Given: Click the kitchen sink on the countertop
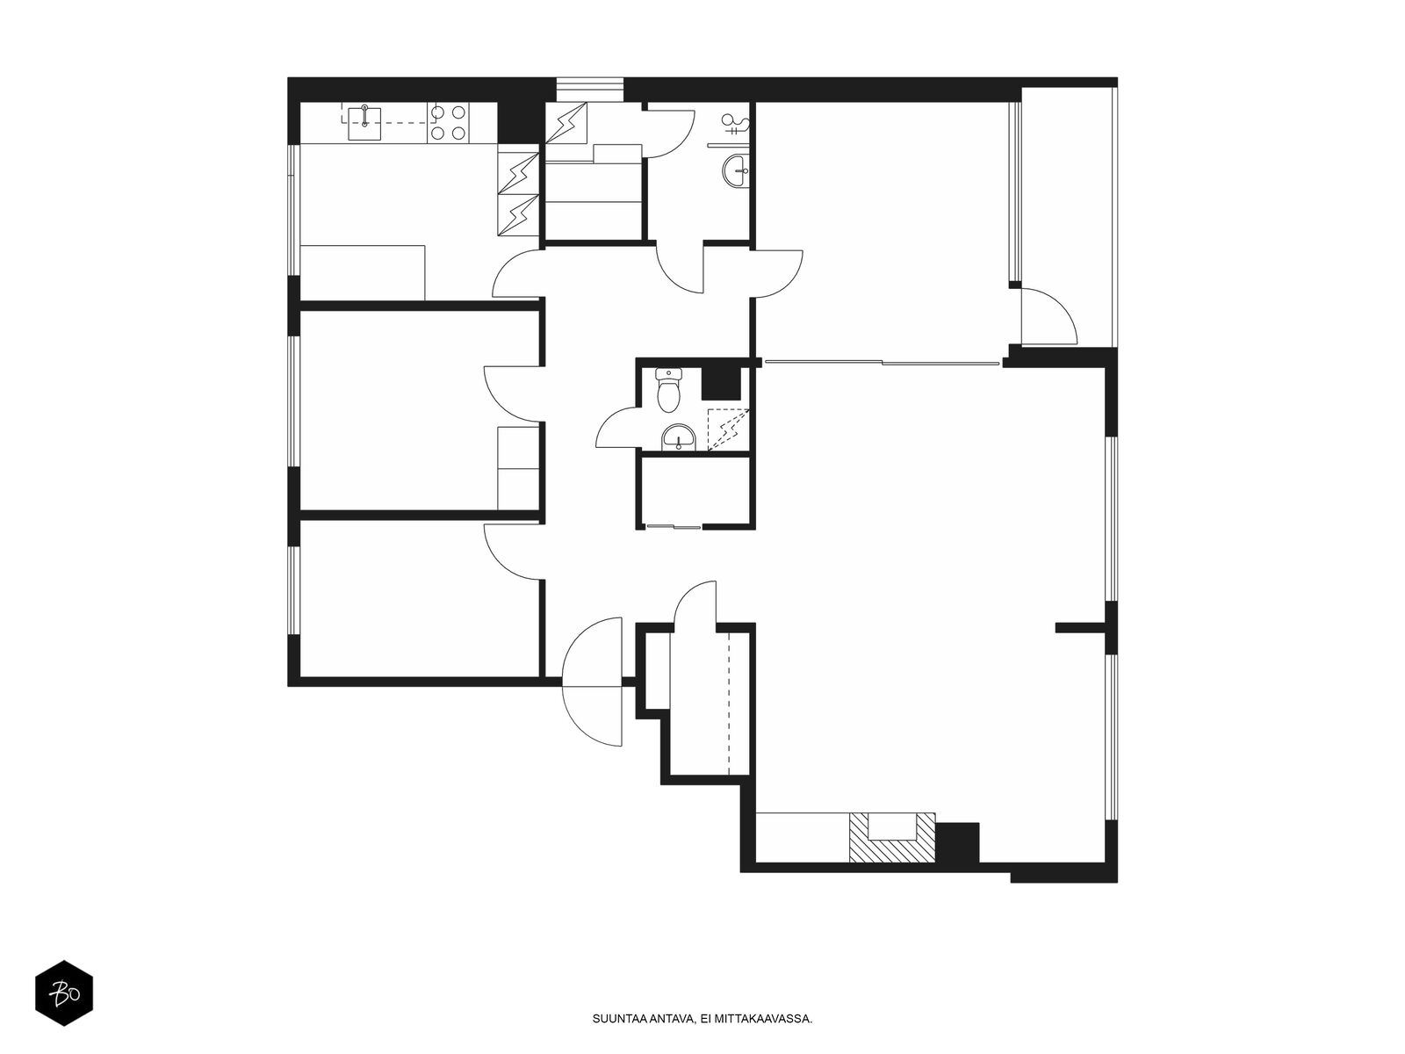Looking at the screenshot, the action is point(364,124).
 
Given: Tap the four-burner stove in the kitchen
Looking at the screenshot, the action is point(448,123).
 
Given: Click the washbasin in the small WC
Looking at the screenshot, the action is point(679,437).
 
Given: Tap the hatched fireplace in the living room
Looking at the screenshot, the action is point(891,837).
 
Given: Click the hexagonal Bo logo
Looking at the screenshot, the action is point(64,993).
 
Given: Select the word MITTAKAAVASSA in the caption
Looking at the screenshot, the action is point(770,1019).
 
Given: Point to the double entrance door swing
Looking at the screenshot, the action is point(592,682).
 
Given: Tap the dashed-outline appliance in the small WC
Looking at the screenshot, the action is point(728,430).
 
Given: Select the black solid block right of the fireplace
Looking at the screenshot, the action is point(957,842).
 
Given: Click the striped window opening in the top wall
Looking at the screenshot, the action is point(589,90).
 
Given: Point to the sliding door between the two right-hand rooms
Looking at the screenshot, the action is point(882,363).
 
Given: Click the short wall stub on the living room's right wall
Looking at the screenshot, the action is point(1080,628).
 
